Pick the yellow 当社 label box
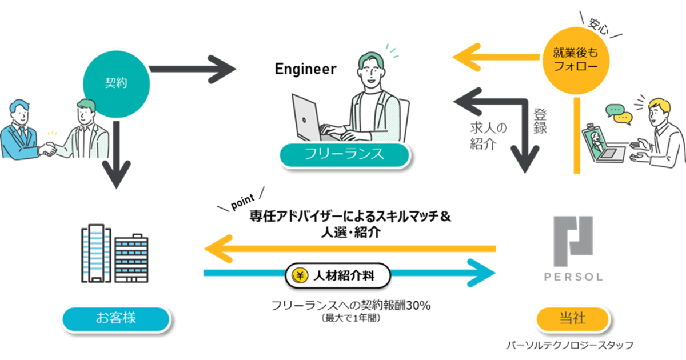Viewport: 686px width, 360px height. [x=572, y=318]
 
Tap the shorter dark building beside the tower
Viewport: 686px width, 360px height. [x=132, y=260]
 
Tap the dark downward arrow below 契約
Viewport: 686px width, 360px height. [x=117, y=166]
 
